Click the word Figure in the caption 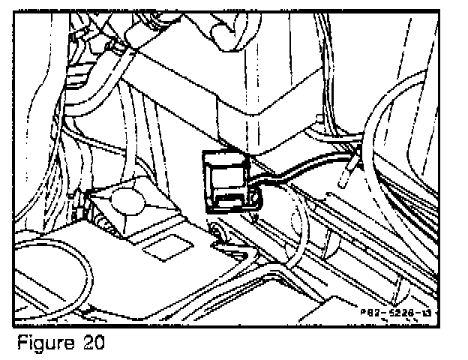click(43, 343)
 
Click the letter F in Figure click(21, 343)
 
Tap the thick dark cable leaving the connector click(300, 173)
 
